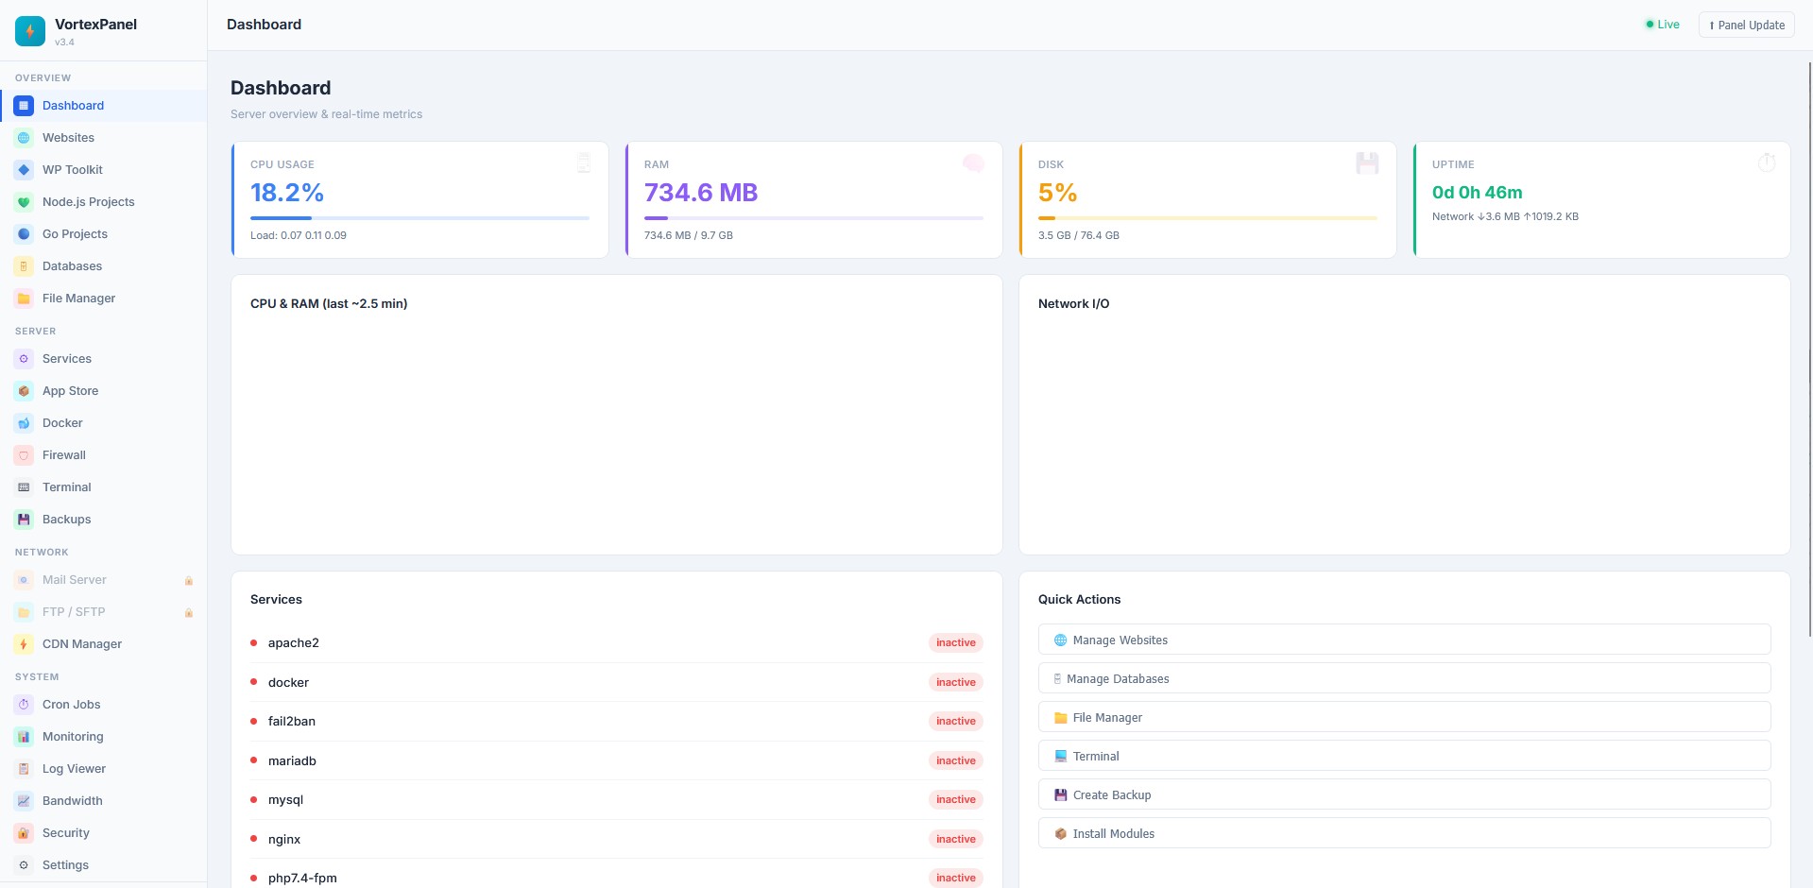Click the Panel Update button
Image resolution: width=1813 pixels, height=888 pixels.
point(1746,25)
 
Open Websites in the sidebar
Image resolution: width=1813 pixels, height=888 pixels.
point(68,138)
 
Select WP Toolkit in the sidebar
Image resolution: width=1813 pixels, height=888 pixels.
point(72,170)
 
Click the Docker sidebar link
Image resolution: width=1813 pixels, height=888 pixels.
point(62,423)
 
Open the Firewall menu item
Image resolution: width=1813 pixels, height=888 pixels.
point(63,455)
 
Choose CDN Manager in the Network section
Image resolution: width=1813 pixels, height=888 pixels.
point(81,644)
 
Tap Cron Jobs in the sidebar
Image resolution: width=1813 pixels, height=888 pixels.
point(71,705)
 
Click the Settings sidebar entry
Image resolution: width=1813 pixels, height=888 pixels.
point(65,865)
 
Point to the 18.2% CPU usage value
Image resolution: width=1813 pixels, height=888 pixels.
point(287,193)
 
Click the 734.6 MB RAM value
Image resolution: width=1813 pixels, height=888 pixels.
point(701,193)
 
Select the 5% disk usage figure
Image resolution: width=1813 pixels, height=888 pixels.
point(1058,193)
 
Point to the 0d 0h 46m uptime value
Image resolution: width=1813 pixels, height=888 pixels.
point(1478,193)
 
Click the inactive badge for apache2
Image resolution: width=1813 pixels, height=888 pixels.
point(956,642)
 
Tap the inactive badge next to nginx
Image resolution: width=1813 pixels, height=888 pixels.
point(956,839)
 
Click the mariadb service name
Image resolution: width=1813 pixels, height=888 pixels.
point(292,760)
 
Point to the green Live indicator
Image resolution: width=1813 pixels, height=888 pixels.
point(1663,25)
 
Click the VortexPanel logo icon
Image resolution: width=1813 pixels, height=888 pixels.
point(30,31)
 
